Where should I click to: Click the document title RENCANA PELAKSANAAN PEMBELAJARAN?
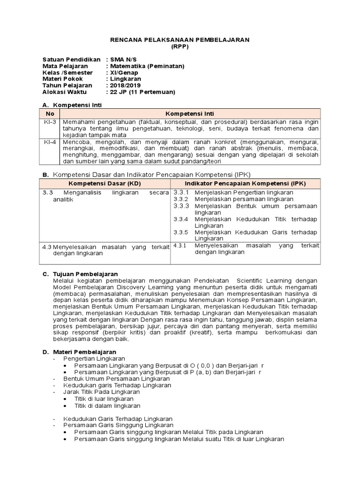[180, 40]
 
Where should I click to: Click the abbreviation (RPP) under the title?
[180, 46]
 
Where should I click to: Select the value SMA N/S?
[120, 60]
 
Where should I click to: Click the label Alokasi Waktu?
[64, 92]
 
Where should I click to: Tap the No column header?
[50, 113]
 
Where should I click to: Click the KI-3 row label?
[50, 121]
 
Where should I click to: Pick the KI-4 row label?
[50, 142]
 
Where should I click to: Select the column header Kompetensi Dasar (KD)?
[104, 183]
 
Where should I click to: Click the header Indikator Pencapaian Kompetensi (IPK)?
[245, 183]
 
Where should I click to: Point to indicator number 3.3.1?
[181, 192]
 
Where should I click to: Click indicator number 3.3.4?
[181, 219]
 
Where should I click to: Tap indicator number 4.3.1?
[180, 245]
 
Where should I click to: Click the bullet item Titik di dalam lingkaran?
[107, 405]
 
